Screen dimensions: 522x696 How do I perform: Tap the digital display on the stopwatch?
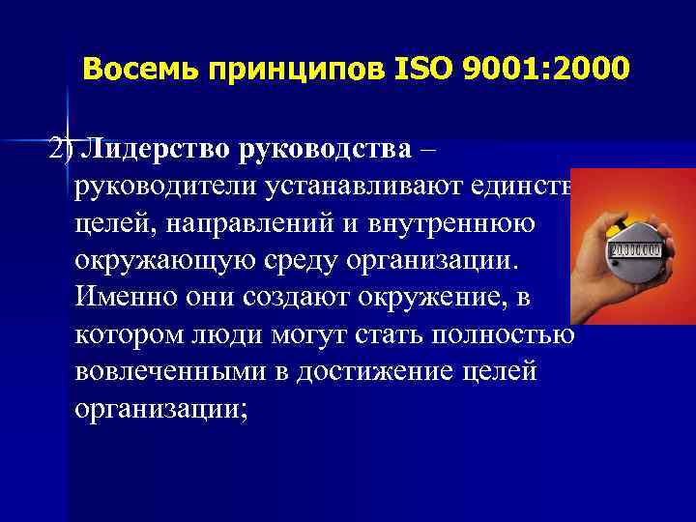coord(633,250)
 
